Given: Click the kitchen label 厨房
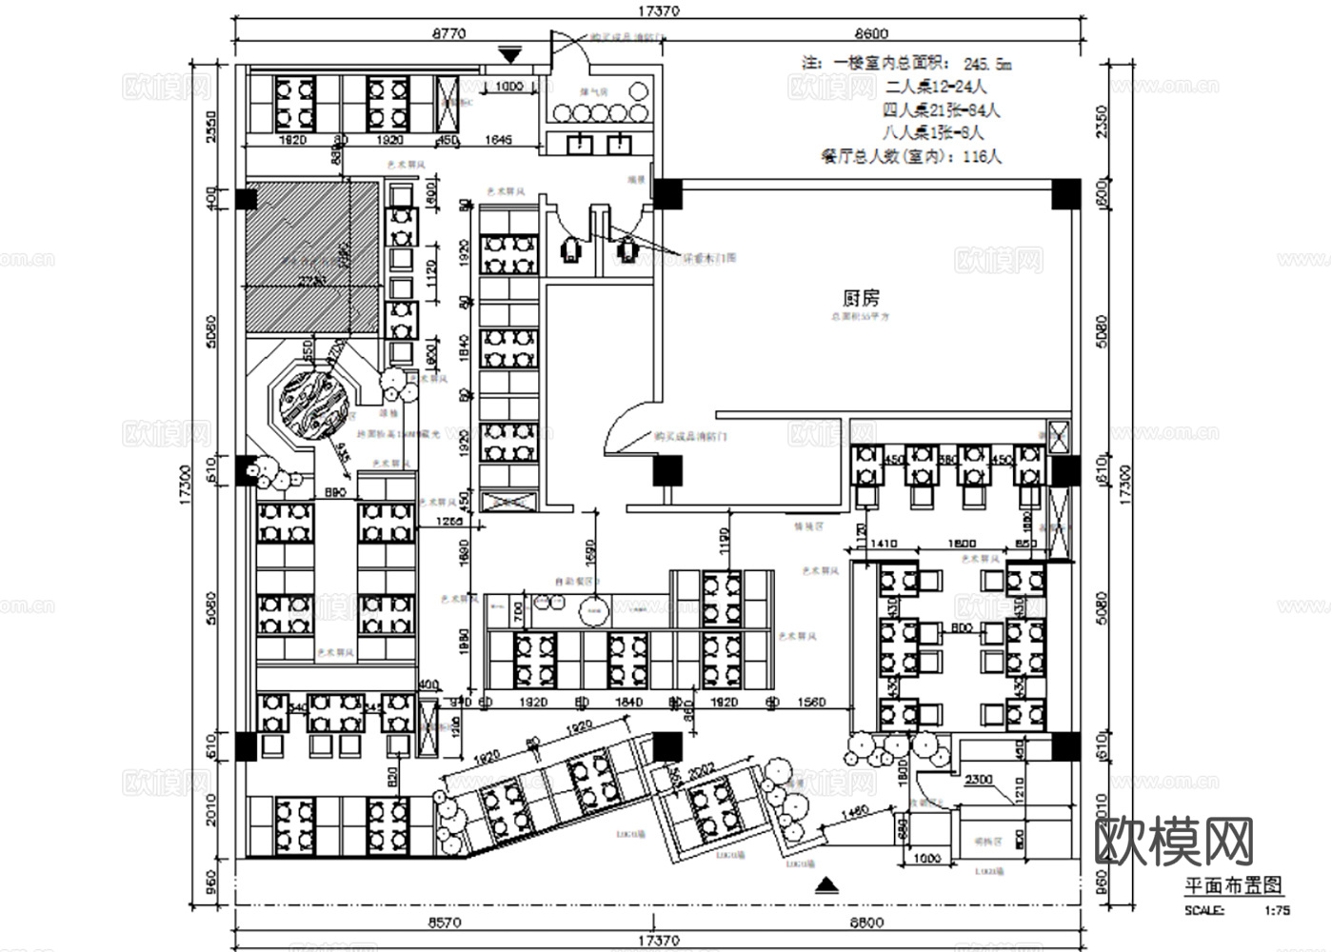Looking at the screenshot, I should (860, 298).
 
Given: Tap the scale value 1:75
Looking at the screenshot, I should (1277, 909).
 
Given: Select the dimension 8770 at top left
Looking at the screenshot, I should (448, 33).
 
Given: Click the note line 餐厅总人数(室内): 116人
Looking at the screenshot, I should (910, 156).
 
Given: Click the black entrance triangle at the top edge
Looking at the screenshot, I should (510, 56).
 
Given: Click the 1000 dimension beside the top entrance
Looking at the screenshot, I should (510, 88).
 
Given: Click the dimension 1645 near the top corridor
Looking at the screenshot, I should (498, 140).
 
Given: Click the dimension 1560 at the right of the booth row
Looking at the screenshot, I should (811, 703).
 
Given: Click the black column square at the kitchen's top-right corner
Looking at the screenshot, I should (1065, 193).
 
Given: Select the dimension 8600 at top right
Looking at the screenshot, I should (870, 33).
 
